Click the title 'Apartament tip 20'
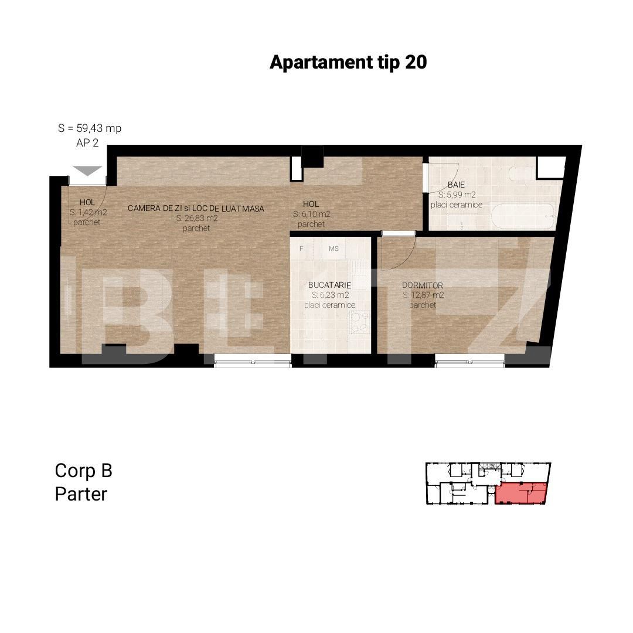click(x=348, y=62)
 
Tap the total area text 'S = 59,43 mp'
click(x=90, y=128)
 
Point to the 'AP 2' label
click(x=87, y=143)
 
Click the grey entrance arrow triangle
click(x=87, y=171)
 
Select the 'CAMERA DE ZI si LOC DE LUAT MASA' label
click(x=196, y=208)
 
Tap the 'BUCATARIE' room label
click(x=329, y=285)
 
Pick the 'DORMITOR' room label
click(x=422, y=285)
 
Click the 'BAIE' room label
click(x=457, y=184)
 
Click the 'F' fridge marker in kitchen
click(x=301, y=249)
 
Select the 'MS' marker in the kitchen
click(x=333, y=249)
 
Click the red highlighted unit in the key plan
click(x=520, y=494)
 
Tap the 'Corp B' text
click(x=83, y=471)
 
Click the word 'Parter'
click(x=81, y=494)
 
